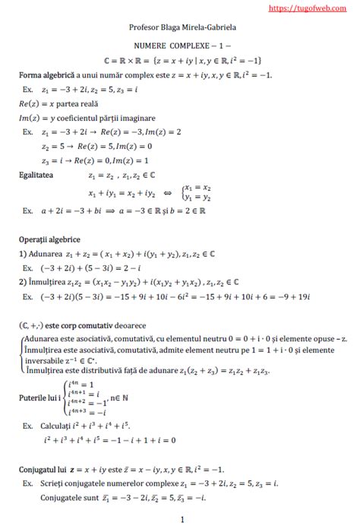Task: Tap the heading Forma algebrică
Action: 49,76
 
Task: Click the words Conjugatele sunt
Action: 72,498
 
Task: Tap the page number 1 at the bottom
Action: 183,521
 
